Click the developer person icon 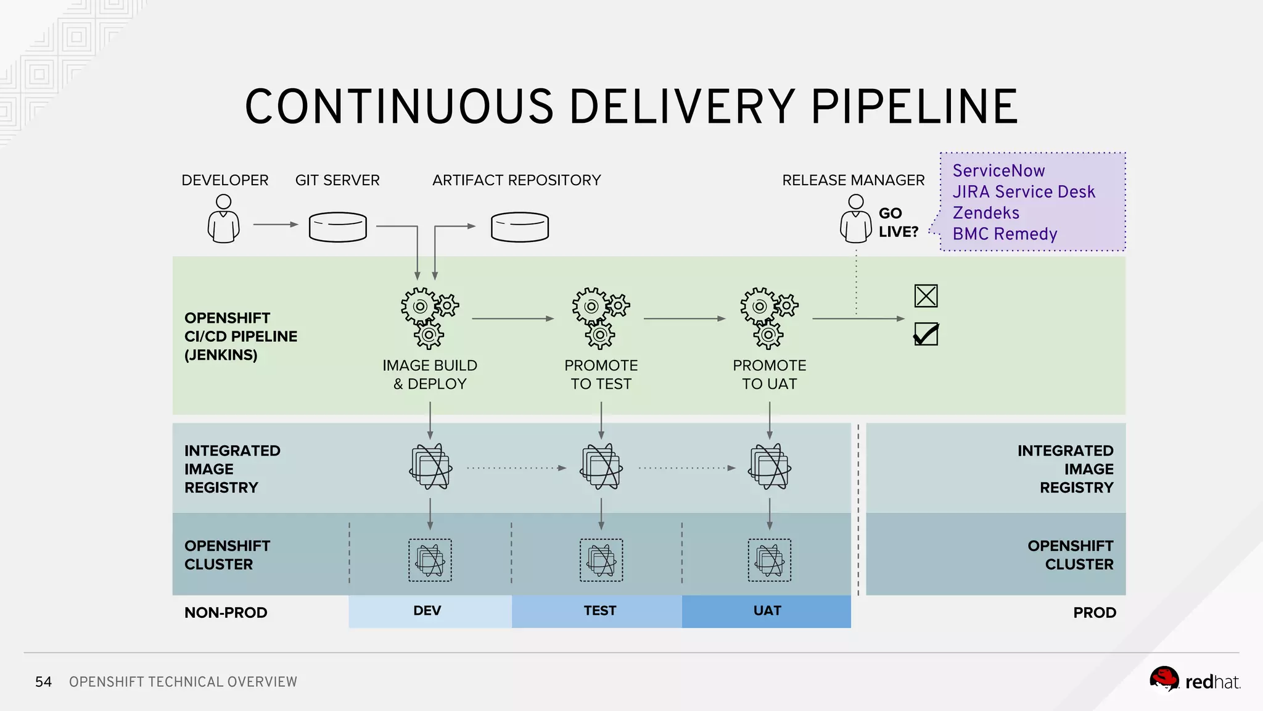[223, 219]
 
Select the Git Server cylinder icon [337, 227]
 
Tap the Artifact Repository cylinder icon [519, 227]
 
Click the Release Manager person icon [855, 219]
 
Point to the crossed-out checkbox [926, 296]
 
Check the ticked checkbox [926, 335]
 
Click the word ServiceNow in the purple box [998, 170]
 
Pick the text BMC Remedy [1005, 234]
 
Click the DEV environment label [427, 610]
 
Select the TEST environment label [599, 610]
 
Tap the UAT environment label [767, 610]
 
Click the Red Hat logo [1194, 681]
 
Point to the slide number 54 [43, 681]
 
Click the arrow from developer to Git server [275, 225]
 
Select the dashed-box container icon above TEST [601, 560]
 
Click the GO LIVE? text [898, 222]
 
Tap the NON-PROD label [226, 612]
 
